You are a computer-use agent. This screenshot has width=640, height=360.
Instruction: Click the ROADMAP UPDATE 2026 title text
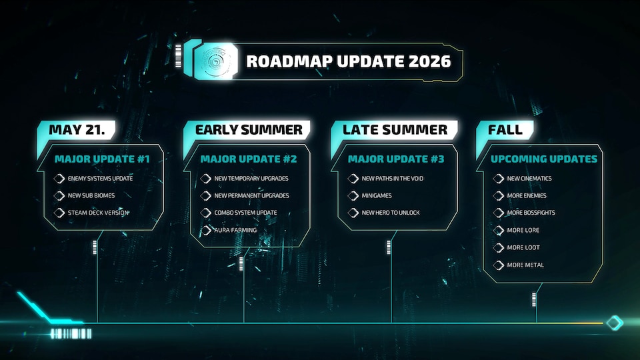tap(348, 62)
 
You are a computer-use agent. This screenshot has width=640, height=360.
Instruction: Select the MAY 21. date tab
tap(77, 130)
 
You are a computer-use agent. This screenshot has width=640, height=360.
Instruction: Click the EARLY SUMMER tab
tap(249, 130)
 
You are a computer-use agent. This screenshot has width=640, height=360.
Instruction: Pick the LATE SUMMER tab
tap(395, 130)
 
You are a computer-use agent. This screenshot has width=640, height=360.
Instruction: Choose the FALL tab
tap(505, 130)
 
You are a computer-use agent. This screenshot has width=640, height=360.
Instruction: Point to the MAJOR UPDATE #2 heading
tap(249, 160)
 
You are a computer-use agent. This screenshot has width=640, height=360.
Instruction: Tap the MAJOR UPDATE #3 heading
tap(395, 160)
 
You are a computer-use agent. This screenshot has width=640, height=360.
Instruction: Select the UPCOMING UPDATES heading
tap(544, 160)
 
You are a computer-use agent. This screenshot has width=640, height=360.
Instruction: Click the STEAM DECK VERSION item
tap(98, 213)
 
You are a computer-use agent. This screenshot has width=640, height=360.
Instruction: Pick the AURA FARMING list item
tap(235, 231)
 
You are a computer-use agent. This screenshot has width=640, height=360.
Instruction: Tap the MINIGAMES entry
tap(377, 196)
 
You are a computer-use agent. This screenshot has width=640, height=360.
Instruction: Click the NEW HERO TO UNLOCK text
tap(391, 213)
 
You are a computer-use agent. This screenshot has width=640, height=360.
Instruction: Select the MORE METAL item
tap(525, 265)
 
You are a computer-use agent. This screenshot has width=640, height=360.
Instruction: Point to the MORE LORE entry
tap(523, 231)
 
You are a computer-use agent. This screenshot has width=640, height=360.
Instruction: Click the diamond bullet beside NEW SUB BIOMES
tap(59, 196)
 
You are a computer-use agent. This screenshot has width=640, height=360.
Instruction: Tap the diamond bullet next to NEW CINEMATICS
tap(498, 179)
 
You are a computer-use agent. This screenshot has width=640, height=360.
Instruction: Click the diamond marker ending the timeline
tap(614, 323)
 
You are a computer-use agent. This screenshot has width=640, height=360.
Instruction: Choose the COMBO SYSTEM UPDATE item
tap(245, 213)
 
